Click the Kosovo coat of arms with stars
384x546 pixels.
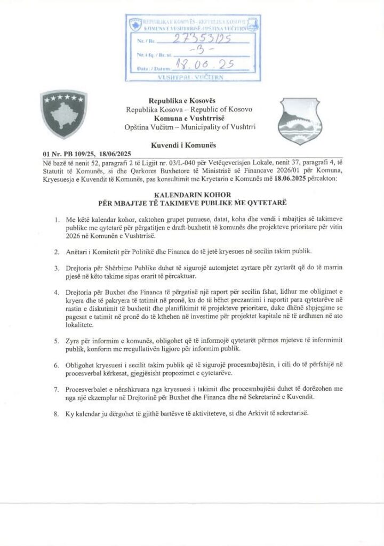pos(63,114)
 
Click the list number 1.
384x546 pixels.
pos(57,220)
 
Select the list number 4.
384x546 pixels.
pos(57,293)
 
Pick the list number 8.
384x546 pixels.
pos(57,414)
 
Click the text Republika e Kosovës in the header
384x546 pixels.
pos(179,101)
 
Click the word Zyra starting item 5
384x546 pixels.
pos(76,341)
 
